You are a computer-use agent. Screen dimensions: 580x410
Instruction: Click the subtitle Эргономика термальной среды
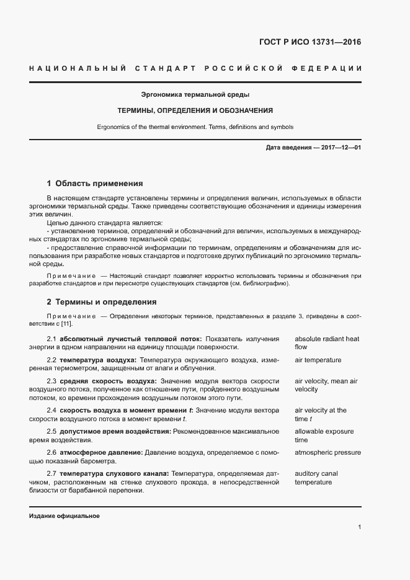point(195,95)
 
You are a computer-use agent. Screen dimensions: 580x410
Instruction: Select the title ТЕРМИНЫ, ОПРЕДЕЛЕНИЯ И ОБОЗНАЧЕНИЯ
point(195,110)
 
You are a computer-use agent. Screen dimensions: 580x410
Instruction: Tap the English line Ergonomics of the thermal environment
point(195,127)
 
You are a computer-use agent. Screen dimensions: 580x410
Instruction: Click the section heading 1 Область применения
point(95,184)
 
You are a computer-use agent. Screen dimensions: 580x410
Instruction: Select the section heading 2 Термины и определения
point(102,302)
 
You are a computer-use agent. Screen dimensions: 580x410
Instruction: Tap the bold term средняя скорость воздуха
point(109,380)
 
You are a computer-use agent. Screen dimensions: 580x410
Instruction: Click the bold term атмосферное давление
point(102,452)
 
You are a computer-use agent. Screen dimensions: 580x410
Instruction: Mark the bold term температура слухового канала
point(114,473)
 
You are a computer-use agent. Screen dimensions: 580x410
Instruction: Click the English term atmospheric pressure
point(328,452)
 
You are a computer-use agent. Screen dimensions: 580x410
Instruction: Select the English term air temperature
point(318,360)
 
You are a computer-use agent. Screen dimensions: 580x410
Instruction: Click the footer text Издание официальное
point(64,516)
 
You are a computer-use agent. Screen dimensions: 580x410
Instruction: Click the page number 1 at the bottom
point(359,527)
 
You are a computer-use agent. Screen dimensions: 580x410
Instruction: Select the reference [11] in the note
point(66,323)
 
